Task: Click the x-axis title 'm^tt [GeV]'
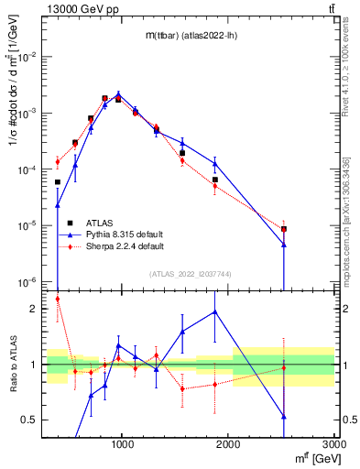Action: coord(312,459)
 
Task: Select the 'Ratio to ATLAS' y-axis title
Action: coord(13,366)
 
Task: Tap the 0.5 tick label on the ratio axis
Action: coord(31,420)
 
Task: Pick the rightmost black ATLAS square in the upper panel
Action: coord(284,229)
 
